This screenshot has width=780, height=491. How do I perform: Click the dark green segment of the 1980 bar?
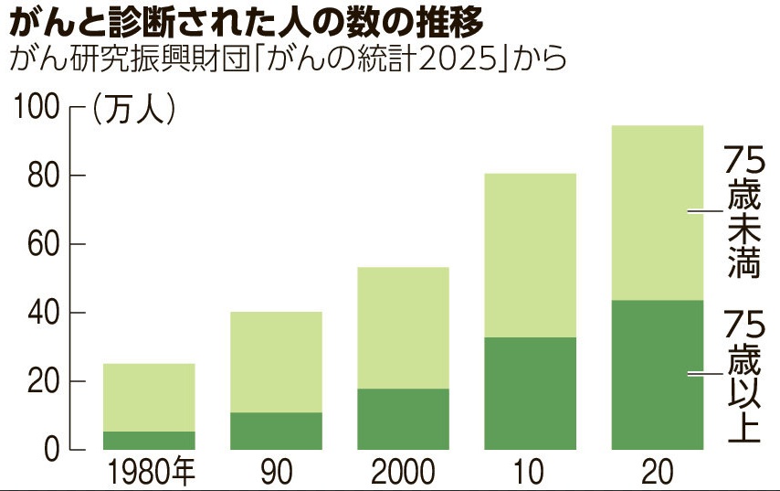[149, 441]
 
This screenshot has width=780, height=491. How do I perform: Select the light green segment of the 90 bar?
[276, 362]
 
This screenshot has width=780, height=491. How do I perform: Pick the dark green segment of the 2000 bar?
[403, 420]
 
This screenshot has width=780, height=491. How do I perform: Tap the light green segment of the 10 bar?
[530, 255]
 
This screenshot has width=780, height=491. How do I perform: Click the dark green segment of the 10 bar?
[530, 394]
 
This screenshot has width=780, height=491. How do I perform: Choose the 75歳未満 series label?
[743, 211]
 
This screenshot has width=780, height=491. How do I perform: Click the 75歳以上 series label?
[743, 376]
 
